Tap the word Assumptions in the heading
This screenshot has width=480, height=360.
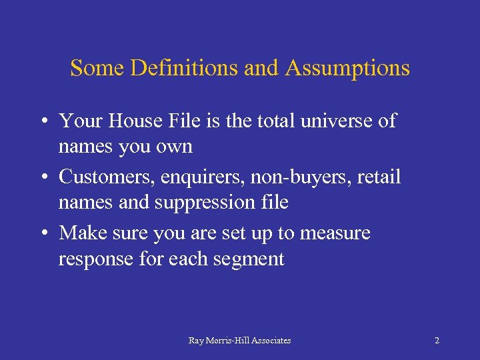pyautogui.click(x=347, y=68)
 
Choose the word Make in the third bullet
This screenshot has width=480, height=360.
pyautogui.click(x=80, y=233)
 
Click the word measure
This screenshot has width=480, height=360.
pyautogui.click(x=335, y=233)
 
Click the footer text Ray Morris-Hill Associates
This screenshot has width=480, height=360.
pyautogui.click(x=239, y=341)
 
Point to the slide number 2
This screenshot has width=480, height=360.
pyautogui.click(x=437, y=341)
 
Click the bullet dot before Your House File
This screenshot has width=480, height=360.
pyautogui.click(x=43, y=122)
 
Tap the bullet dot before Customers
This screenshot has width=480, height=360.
pyautogui.click(x=43, y=178)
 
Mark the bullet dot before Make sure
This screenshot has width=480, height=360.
pyautogui.click(x=43, y=234)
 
